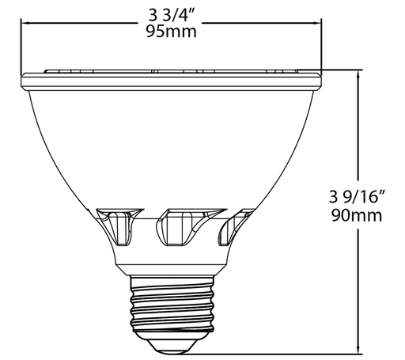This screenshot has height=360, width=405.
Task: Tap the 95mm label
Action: [172, 32]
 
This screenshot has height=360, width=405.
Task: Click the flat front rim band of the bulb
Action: [172, 80]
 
